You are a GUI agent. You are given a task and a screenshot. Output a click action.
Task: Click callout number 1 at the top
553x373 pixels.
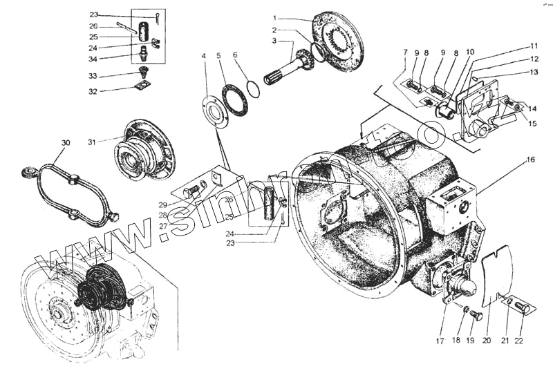pyautogui.click(x=274, y=17)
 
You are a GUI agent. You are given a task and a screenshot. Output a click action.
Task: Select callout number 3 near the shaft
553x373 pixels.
pyautogui.click(x=274, y=41)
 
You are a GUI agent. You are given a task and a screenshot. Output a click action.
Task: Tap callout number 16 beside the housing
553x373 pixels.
pyautogui.click(x=531, y=159)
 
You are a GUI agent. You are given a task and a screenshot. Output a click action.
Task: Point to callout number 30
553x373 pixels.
pyautogui.click(x=66, y=143)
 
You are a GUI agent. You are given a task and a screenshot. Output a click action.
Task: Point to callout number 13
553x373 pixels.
pyautogui.click(x=534, y=71)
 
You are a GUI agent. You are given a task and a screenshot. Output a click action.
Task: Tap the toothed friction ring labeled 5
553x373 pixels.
pyautogui.click(x=236, y=100)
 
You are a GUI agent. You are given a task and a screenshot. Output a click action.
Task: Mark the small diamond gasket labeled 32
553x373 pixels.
pyautogui.click(x=142, y=86)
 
